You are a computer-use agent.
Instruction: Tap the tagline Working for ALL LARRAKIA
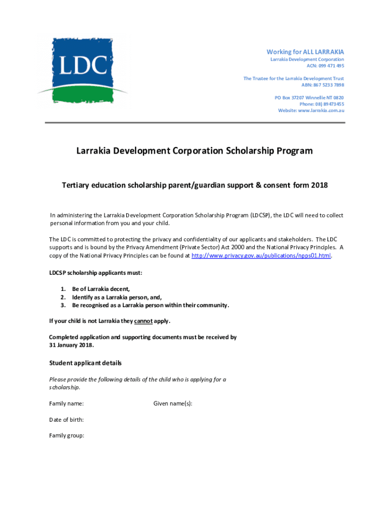coord(305,52)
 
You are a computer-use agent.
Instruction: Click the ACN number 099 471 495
coord(331,66)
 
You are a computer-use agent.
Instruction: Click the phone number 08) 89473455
coord(329,104)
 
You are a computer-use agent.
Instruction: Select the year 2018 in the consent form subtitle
coord(320,186)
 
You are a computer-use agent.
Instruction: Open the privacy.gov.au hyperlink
coord(261,255)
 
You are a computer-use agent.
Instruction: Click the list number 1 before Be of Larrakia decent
coord(63,289)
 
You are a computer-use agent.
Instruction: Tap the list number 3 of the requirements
coord(63,305)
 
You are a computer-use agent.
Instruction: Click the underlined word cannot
coord(143,321)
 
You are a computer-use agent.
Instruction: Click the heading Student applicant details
coord(85,363)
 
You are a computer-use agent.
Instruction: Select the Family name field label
coord(66,404)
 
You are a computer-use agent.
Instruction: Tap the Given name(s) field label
coord(173,404)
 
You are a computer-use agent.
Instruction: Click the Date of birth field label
coord(66,420)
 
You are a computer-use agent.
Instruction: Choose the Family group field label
coord(66,435)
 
